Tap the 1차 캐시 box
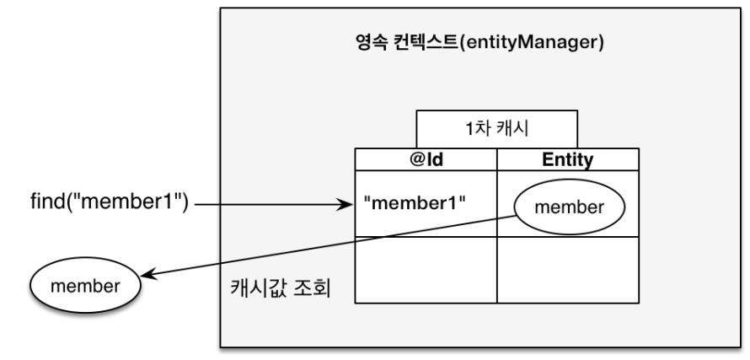496,130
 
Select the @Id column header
426,158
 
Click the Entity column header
567,158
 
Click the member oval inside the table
569,207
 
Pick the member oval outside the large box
84,286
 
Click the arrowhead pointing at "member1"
345,203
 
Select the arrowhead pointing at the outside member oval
151,273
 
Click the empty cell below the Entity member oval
567,270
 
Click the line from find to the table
270,203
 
